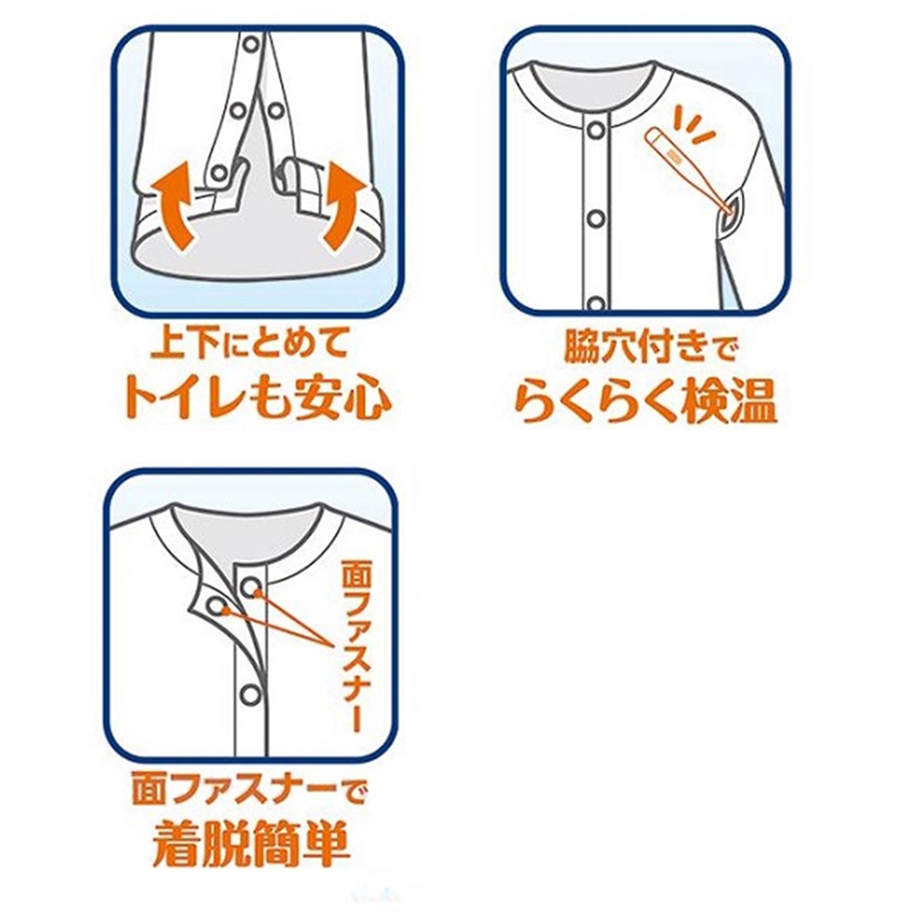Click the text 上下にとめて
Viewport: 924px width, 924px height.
(250, 346)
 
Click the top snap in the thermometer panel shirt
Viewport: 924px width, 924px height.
(596, 130)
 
